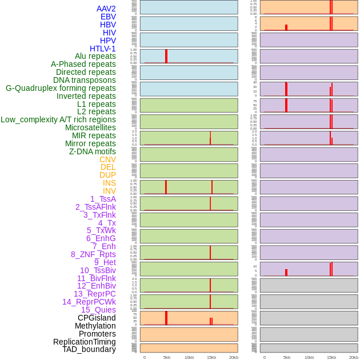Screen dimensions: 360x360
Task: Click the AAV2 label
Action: (x=106, y=9)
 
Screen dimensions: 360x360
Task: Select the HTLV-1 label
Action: (x=103, y=49)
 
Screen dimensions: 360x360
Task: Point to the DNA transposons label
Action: (x=85, y=80)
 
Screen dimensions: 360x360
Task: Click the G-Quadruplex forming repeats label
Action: (x=61, y=88)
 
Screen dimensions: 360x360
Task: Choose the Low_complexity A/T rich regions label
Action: (x=58, y=119)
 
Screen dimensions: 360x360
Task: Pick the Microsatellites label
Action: (x=90, y=127)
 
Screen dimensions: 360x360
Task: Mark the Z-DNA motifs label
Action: (x=93, y=151)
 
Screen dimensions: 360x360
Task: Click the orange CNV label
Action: (x=107, y=159)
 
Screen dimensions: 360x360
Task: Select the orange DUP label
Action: (x=107, y=175)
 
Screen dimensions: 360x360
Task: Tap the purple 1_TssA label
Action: (x=103, y=199)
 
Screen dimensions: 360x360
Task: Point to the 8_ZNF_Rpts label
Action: (x=93, y=254)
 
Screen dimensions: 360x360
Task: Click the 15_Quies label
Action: (x=98, y=310)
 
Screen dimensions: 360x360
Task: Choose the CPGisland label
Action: (x=97, y=318)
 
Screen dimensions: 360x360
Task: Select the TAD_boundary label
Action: (x=89, y=349)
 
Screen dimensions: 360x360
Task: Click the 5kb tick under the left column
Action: (x=167, y=357)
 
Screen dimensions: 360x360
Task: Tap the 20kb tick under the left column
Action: (x=234, y=357)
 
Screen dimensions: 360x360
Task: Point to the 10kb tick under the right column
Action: (x=309, y=357)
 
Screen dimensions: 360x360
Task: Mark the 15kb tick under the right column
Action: (x=331, y=357)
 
